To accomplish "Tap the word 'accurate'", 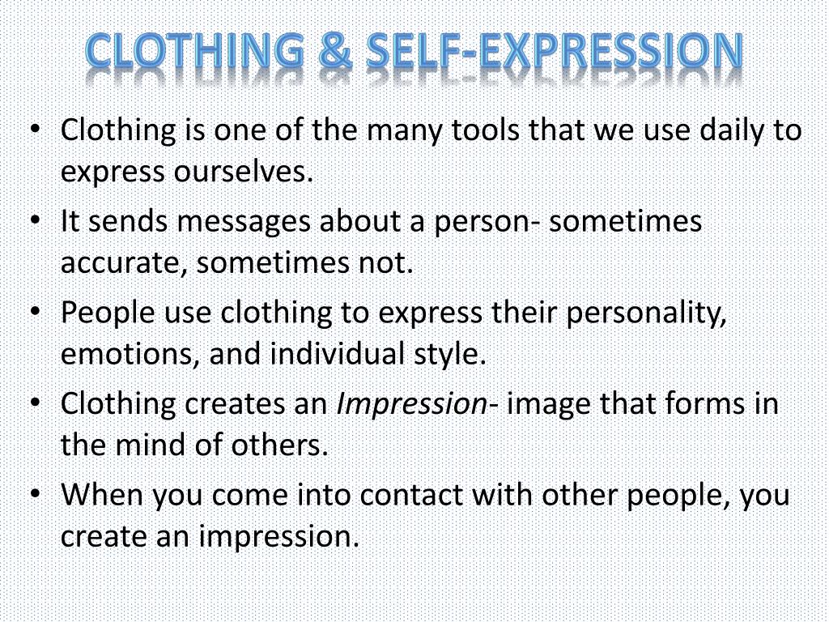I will click(123, 263).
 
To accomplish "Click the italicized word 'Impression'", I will click(410, 404).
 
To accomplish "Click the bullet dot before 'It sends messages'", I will click(36, 222).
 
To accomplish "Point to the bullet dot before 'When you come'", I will click(36, 494).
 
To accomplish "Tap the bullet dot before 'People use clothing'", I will click(36, 313).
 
